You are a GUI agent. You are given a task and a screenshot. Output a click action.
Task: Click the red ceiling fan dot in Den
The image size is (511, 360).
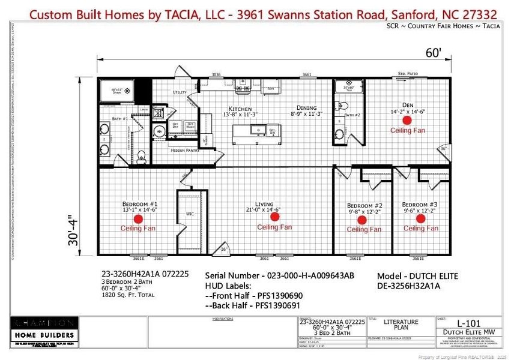[x=407, y=120]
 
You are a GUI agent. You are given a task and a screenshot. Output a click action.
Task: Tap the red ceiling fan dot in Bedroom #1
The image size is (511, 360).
[x=138, y=219]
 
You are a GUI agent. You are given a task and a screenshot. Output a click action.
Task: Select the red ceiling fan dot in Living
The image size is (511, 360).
[x=275, y=217]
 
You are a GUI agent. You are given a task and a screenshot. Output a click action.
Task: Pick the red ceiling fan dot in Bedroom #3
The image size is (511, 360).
[x=420, y=218]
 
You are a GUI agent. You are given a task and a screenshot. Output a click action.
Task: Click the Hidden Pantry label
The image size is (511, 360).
[x=186, y=150]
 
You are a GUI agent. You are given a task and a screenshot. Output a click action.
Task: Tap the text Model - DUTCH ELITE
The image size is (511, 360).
[x=417, y=277]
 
